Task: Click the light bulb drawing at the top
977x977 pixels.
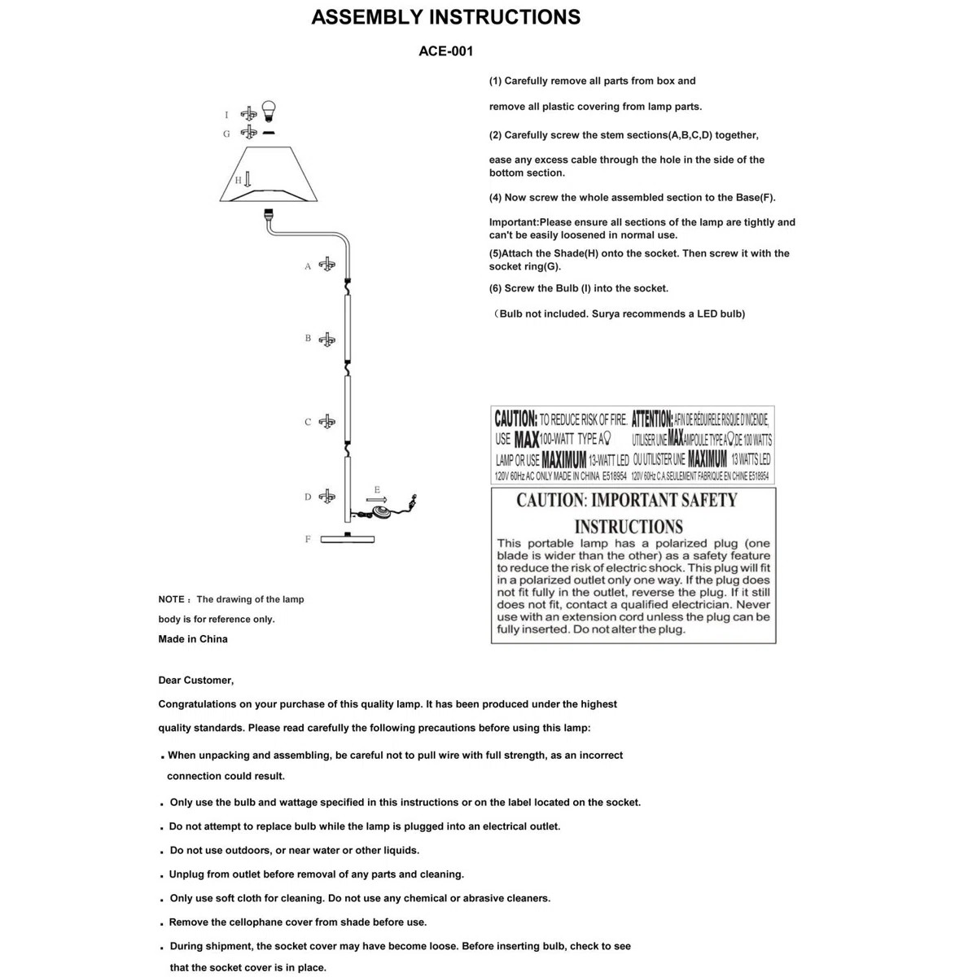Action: click(269, 111)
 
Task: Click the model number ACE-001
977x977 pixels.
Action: click(445, 51)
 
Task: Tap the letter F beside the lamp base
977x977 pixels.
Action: click(308, 539)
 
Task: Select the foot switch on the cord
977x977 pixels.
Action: click(380, 511)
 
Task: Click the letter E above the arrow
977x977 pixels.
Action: click(377, 489)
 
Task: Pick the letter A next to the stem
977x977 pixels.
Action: click(308, 266)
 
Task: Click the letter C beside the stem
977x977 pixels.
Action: click(308, 422)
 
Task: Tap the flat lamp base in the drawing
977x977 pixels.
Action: click(348, 539)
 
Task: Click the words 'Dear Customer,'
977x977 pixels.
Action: click(195, 681)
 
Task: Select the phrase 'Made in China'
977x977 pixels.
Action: click(193, 639)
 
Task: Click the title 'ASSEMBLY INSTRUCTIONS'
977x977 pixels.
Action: click(445, 17)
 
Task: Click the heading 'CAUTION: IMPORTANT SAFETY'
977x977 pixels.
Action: click(626, 500)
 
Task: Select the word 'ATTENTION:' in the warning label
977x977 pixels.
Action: click(652, 419)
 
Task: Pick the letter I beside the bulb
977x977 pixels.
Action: click(226, 115)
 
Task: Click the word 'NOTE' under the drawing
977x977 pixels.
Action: click(171, 599)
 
